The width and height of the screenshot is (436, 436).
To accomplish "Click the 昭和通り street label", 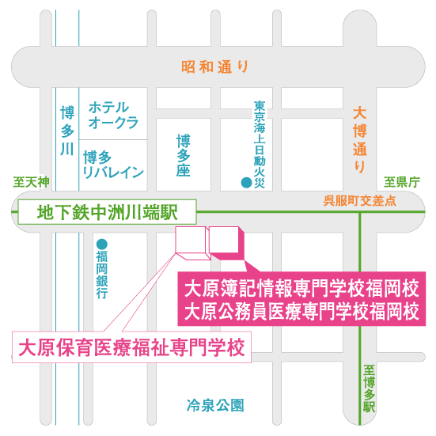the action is (214, 67).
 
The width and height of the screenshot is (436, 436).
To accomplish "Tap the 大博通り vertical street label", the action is (360, 140).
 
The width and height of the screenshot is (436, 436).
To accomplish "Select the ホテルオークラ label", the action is (113, 115).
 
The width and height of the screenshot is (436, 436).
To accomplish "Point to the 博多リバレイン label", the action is (113, 165).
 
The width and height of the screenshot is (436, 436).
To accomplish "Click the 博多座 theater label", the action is (184, 155).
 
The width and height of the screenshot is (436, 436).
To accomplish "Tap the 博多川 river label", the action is (67, 131).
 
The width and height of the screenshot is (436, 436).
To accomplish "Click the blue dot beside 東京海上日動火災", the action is (246, 183).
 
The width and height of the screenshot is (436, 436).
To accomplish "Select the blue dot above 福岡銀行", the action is (102, 245).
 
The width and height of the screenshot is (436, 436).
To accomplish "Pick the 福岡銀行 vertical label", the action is (102, 275).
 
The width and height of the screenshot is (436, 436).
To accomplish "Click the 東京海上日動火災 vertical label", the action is (260, 145).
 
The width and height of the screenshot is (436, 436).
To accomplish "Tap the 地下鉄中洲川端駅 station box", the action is (108, 212).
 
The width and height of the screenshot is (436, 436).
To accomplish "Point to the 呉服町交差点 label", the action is (360, 201).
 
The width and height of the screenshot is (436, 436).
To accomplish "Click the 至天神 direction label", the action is (31, 183).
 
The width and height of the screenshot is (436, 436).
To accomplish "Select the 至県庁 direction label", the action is (402, 183).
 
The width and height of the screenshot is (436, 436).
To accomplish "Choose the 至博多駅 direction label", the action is (370, 389).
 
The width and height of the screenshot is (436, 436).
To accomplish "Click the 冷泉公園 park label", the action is (215, 405).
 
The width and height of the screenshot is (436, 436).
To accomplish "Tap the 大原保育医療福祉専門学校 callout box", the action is (131, 347).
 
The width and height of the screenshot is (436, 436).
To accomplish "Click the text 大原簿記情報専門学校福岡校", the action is (301, 288).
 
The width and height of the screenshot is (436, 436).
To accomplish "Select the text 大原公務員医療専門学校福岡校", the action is (301, 312).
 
